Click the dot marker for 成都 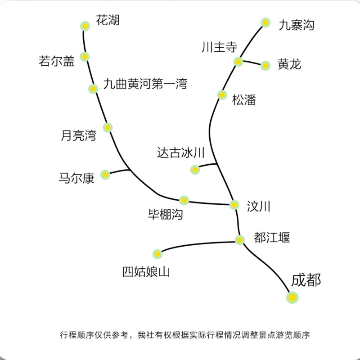pos(292,297)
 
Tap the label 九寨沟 pos(296,25)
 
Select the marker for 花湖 pos(85,26)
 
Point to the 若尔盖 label pos(57,62)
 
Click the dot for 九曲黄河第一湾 pos(93,89)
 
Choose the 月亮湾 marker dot pos(108,127)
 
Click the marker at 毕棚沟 pos(184,200)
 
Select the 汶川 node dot pos(234,205)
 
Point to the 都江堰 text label pos(272,237)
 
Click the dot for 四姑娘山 pos(157,254)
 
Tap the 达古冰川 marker pos(195,170)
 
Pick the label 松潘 pos(244,99)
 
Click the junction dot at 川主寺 pos(238,61)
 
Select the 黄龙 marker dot pos(265,66)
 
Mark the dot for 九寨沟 pos(265,22)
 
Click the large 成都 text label pos(306,280)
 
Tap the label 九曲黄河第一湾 pos(145,84)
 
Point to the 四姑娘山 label pos(146,272)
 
